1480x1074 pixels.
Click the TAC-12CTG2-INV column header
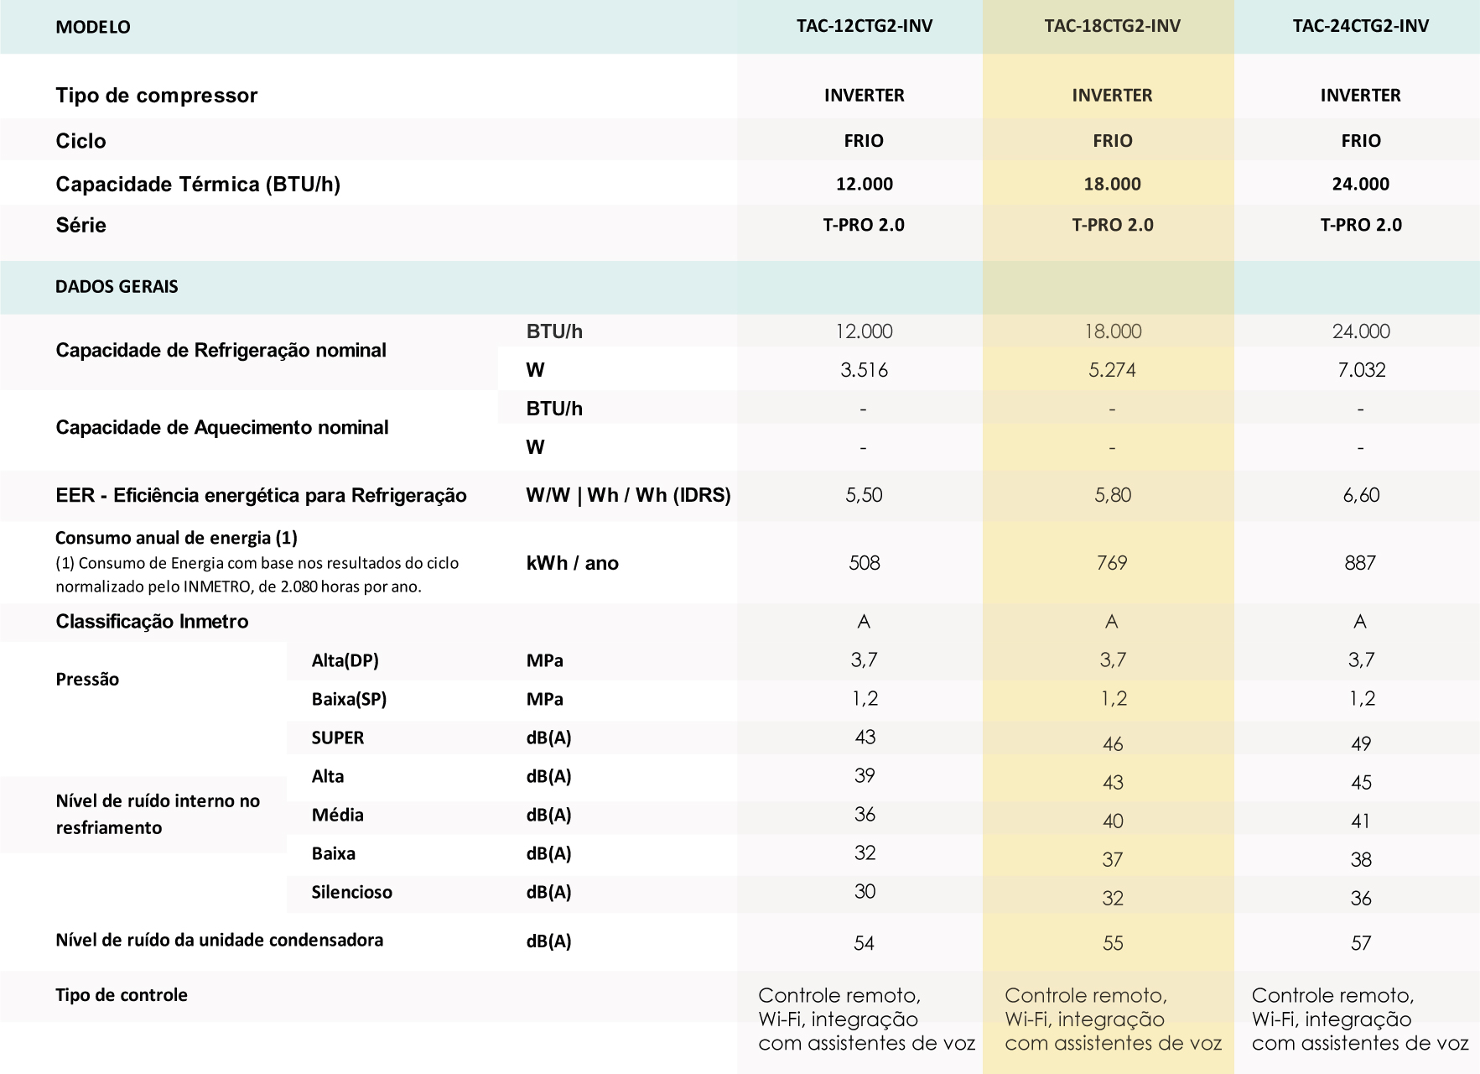(864, 26)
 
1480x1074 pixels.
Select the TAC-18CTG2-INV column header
(1112, 26)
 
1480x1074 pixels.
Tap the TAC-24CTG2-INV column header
(1360, 26)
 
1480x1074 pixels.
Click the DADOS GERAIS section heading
(117, 287)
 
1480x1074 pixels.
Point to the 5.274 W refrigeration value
(1112, 370)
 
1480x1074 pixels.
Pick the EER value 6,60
(1360, 495)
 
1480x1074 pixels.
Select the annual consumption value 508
(864, 563)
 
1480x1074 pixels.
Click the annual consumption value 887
(1360, 563)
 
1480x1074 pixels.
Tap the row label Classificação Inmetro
(152, 622)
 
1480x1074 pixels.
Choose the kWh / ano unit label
(572, 563)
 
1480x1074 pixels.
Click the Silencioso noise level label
(351, 892)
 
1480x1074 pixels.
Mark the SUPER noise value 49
(1360, 744)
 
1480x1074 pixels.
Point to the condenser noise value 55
(1112, 943)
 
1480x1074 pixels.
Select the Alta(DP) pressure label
(345, 660)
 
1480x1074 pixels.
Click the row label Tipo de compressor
(156, 96)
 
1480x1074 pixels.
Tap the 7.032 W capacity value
(1360, 370)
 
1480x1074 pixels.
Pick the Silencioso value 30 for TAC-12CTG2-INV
(864, 891)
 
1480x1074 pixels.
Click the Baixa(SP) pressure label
(349, 699)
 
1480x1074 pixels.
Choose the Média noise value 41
(1360, 821)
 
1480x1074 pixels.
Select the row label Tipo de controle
(122, 995)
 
